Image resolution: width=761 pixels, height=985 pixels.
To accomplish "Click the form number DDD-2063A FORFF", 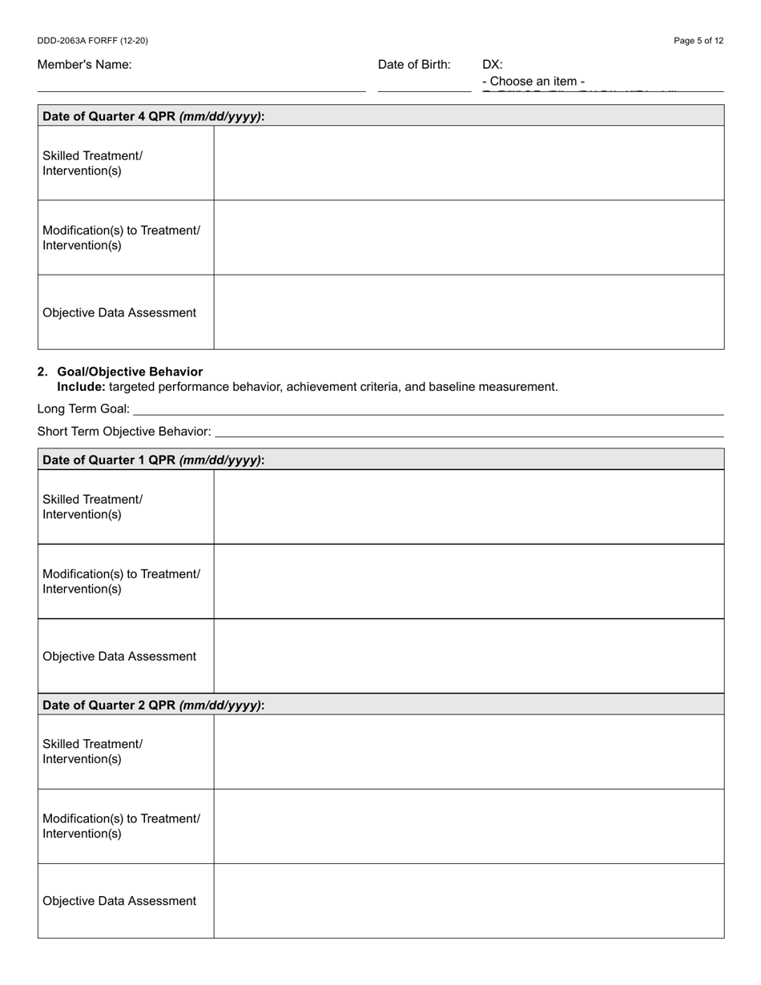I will (x=92, y=41).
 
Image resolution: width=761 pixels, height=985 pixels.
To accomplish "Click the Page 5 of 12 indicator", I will (x=699, y=41).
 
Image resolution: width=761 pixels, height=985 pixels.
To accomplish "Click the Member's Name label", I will (x=84, y=65).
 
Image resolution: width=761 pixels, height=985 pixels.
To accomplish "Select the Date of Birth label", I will (x=414, y=65).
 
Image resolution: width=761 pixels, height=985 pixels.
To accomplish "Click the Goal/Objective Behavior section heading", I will (x=130, y=372).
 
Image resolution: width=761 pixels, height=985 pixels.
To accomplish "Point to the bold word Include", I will (x=81, y=387).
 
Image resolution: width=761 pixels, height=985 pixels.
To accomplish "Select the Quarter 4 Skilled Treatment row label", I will (x=92, y=163).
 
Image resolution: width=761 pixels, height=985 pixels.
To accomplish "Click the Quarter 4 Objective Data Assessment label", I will (x=119, y=312).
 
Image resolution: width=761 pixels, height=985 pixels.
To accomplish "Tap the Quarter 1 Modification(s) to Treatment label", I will (x=121, y=581).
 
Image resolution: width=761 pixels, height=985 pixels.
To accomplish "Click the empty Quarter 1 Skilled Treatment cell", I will (x=469, y=507).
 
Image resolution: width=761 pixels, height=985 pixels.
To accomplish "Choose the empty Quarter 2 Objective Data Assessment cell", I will (x=469, y=901).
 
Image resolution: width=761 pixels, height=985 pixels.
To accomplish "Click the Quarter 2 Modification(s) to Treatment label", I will (x=121, y=826).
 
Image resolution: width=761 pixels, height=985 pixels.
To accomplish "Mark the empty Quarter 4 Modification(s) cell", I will (x=469, y=238).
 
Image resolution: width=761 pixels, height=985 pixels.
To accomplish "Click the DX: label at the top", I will (x=493, y=65).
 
